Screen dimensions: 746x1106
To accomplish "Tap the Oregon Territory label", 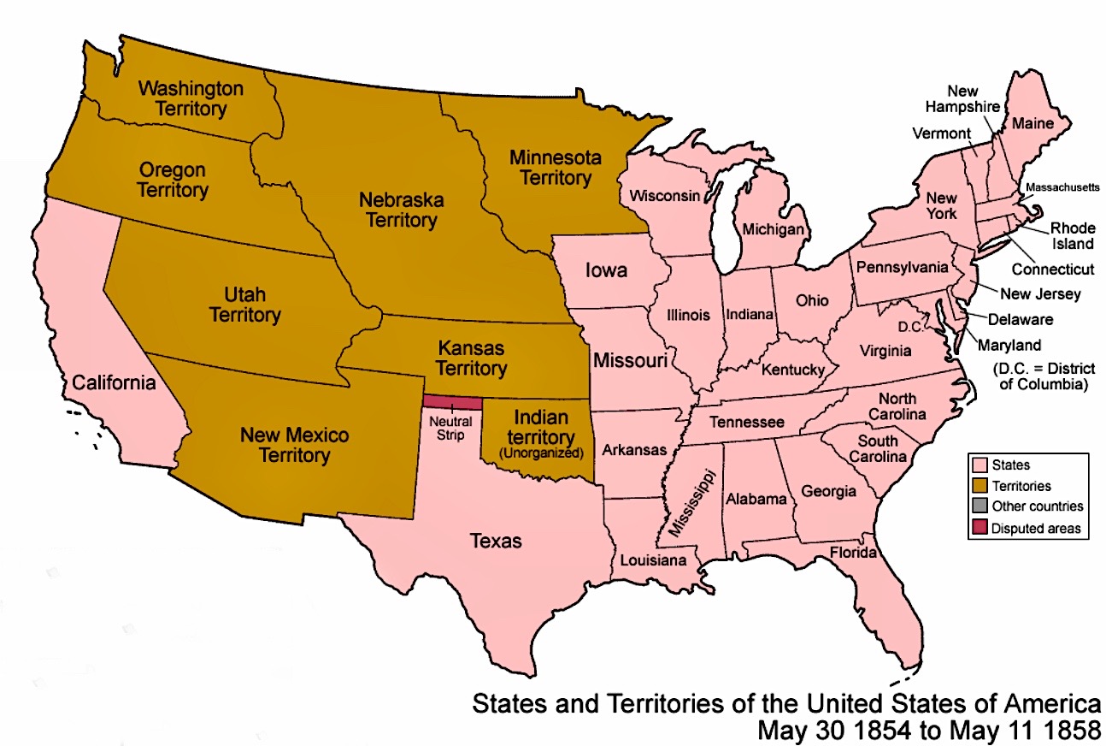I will coord(172,180).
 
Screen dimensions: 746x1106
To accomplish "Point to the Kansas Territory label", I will coord(471,358).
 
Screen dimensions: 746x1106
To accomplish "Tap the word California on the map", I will coord(114,382).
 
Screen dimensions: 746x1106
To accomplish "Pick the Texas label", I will coord(496,541).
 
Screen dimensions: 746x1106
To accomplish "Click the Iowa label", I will coord(606,270).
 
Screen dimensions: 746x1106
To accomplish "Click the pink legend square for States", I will coord(979,465).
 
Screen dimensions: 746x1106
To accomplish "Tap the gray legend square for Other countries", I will coord(979,506).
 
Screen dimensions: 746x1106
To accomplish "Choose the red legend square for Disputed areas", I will coord(979,528).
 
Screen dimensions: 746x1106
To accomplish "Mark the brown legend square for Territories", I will coord(979,486).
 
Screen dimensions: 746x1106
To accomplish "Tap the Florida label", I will coord(853,553).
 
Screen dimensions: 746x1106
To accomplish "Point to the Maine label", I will coord(1033,124).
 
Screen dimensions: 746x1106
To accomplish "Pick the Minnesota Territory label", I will coord(555,168).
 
